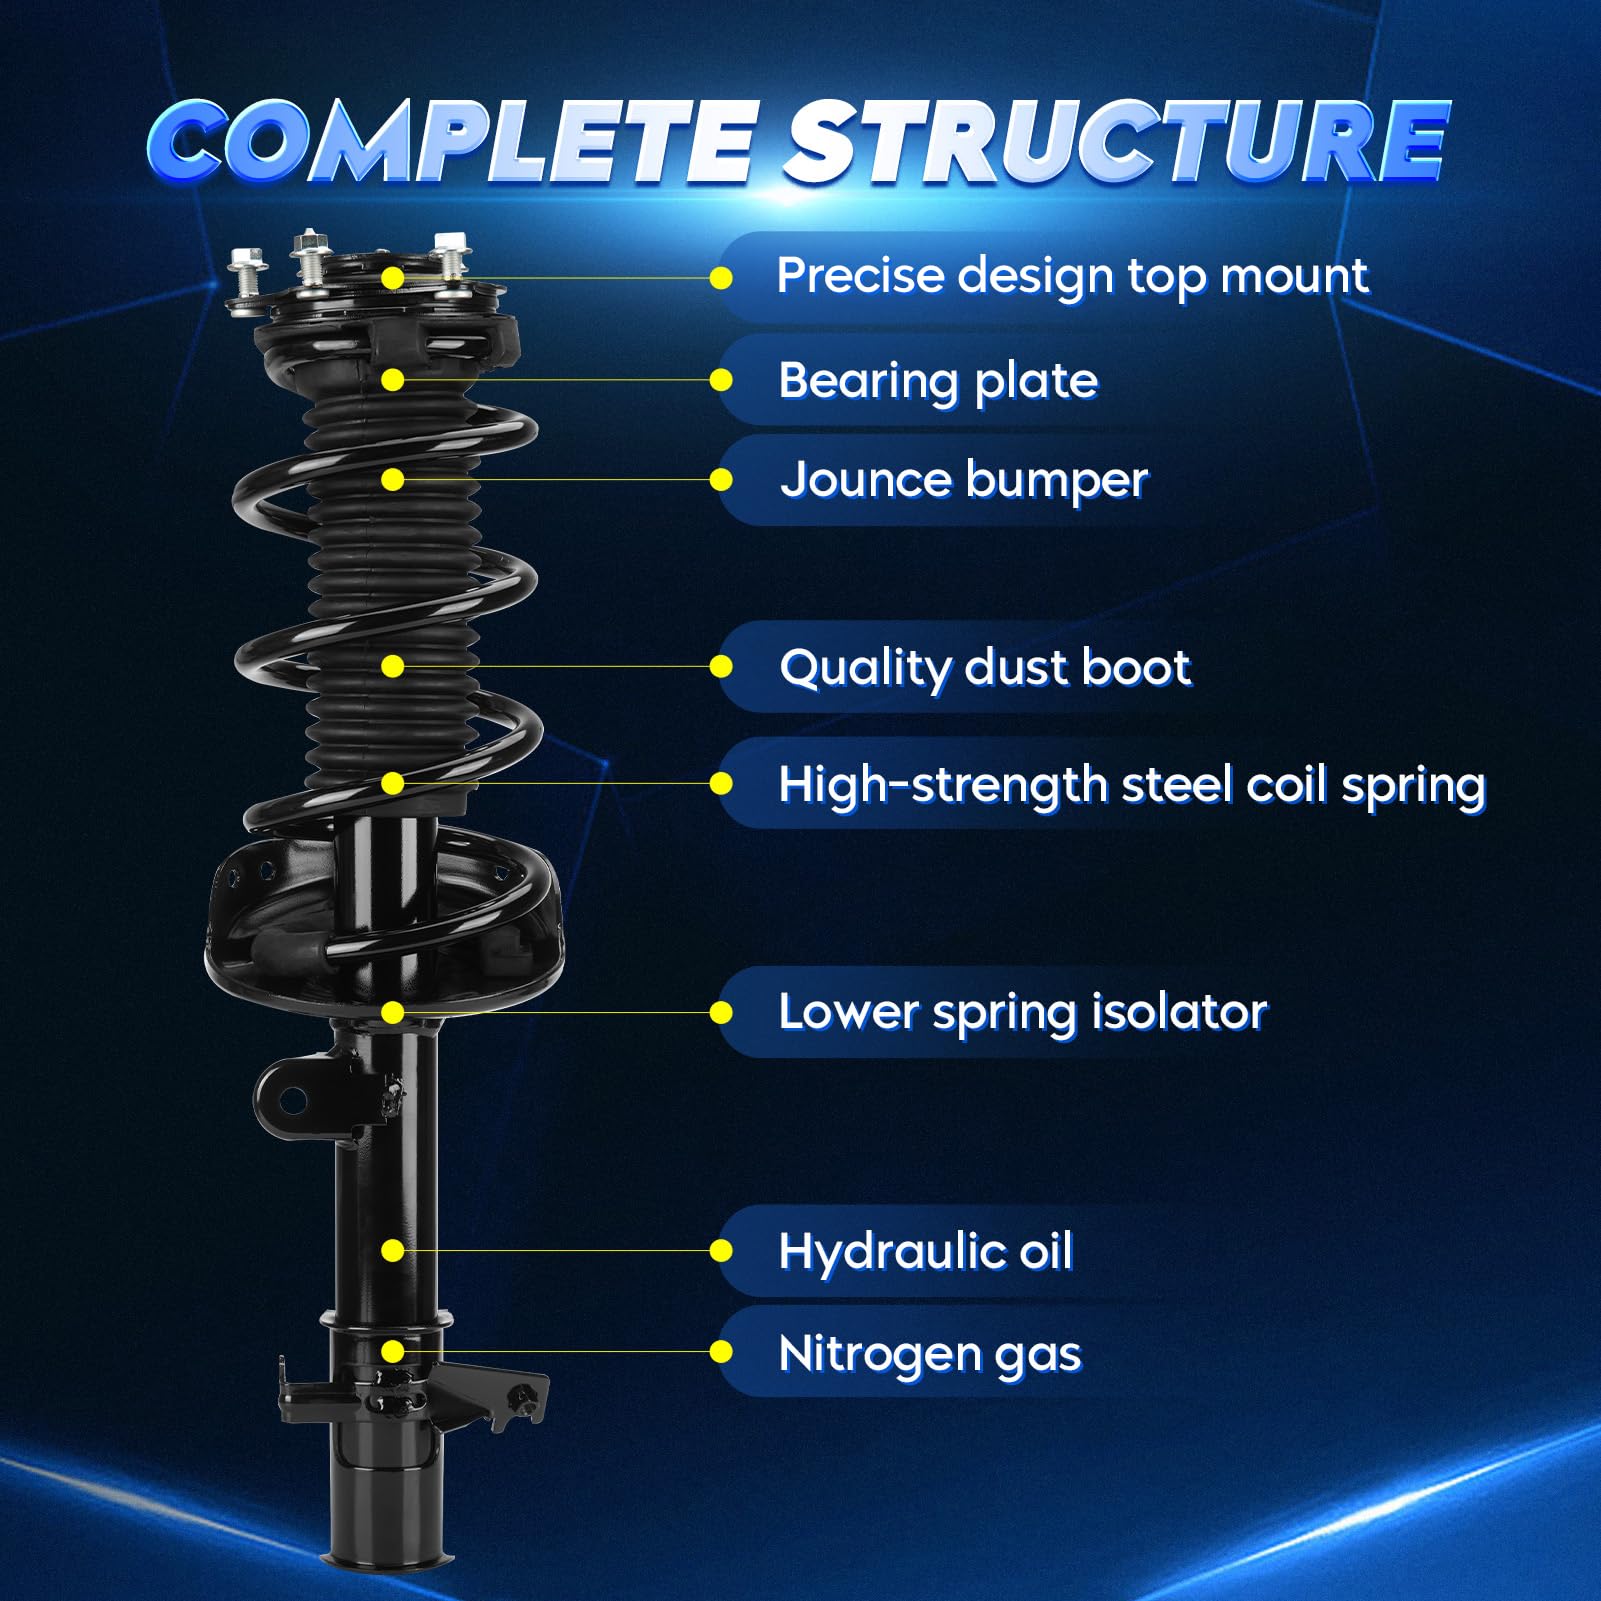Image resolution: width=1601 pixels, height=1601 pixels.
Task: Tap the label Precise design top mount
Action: pos(1071,276)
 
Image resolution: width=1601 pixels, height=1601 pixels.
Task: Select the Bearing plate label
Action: pos(937,381)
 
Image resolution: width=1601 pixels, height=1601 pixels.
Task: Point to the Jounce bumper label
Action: pos(964,480)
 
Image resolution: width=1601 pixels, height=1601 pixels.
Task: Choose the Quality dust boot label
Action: pos(985,667)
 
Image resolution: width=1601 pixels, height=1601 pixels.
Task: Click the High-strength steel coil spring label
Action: pos(1131,785)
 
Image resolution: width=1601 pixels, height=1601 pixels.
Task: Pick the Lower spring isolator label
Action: pos(1022,1012)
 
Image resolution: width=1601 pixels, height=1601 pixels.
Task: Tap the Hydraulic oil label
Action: pos(925,1251)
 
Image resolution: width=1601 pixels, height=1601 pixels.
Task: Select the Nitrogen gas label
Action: pos(929,1354)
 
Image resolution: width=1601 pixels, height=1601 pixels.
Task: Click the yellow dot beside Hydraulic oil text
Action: pos(721,1251)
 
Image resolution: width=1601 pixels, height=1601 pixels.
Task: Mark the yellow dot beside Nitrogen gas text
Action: pos(721,1353)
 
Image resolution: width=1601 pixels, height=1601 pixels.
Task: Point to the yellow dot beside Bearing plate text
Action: pos(721,380)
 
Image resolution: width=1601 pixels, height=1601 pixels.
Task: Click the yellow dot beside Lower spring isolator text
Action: pos(721,1013)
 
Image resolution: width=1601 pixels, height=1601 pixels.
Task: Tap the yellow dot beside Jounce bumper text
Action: pos(721,480)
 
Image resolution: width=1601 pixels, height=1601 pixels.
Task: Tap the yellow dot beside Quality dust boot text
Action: pos(721,667)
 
